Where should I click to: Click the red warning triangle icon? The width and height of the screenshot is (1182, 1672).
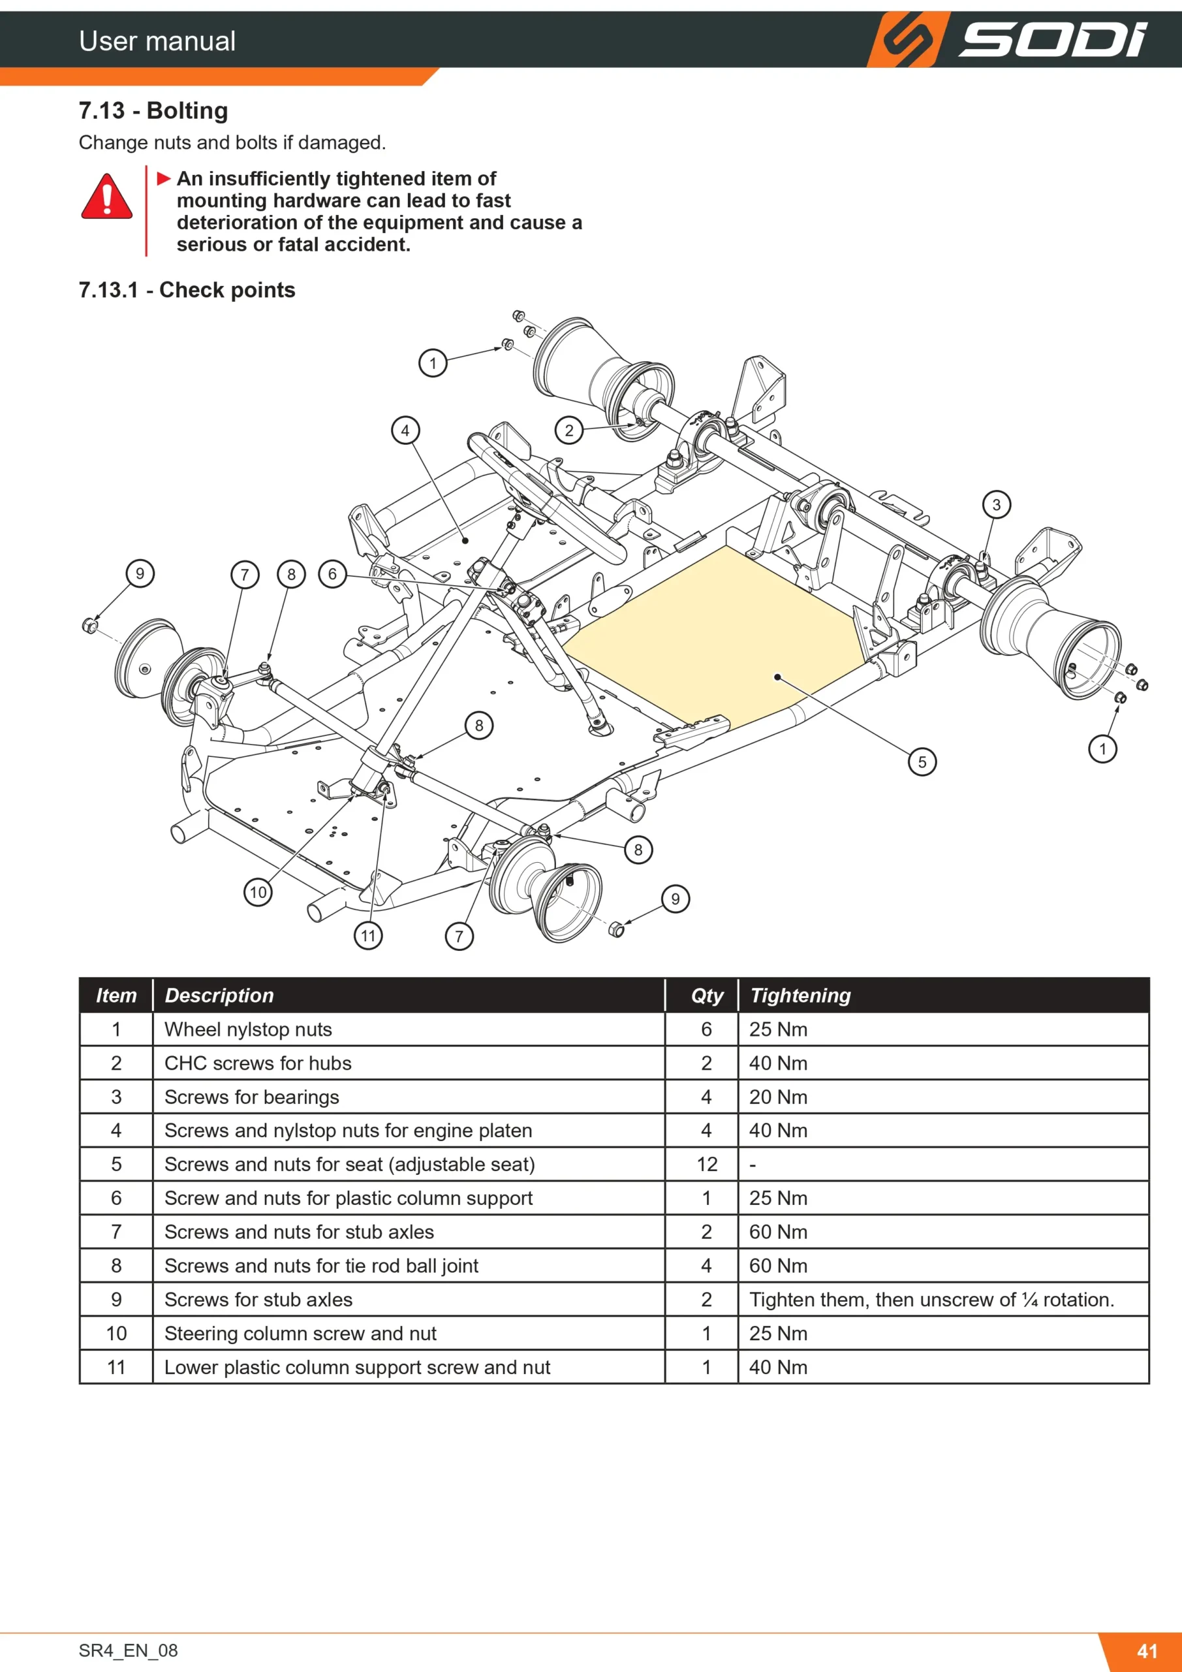107,197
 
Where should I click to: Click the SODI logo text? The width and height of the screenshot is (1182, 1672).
1051,39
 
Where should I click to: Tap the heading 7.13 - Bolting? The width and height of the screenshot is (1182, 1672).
153,110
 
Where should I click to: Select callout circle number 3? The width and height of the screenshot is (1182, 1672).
997,505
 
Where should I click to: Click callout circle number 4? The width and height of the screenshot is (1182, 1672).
405,430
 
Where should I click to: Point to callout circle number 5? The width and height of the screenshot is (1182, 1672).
922,762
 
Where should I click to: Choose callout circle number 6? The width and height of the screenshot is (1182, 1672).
333,574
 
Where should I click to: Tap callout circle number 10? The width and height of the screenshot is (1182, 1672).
258,892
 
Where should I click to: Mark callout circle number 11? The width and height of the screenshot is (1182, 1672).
368,936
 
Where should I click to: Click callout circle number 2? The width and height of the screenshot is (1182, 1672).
569,430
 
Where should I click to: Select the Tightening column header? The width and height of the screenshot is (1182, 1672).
800,995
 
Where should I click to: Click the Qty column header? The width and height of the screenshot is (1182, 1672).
707,995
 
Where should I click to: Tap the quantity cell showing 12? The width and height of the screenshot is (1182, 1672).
707,1164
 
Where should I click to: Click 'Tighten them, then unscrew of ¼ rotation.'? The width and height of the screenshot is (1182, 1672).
931,1299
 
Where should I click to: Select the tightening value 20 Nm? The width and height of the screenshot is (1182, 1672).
778,1097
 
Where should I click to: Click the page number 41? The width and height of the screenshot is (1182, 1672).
1147,1651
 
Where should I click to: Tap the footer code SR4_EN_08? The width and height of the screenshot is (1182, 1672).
128,1650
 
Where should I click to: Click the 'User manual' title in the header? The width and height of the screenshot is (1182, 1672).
157,40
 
